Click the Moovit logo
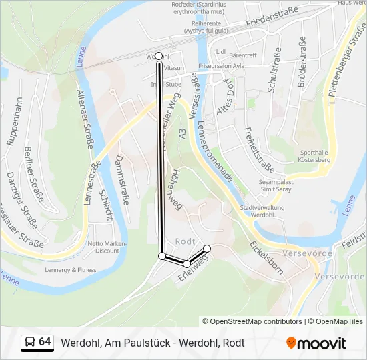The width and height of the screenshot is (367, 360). pos(316,343)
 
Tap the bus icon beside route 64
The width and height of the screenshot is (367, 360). pos(29,343)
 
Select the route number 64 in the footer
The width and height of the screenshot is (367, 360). pos(45,342)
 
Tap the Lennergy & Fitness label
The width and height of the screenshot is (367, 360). pos(70,270)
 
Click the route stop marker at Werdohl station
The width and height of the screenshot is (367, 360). pos(159,57)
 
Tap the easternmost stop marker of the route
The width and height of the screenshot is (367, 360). pos(207,249)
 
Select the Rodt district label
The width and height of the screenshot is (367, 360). pos(184,241)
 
